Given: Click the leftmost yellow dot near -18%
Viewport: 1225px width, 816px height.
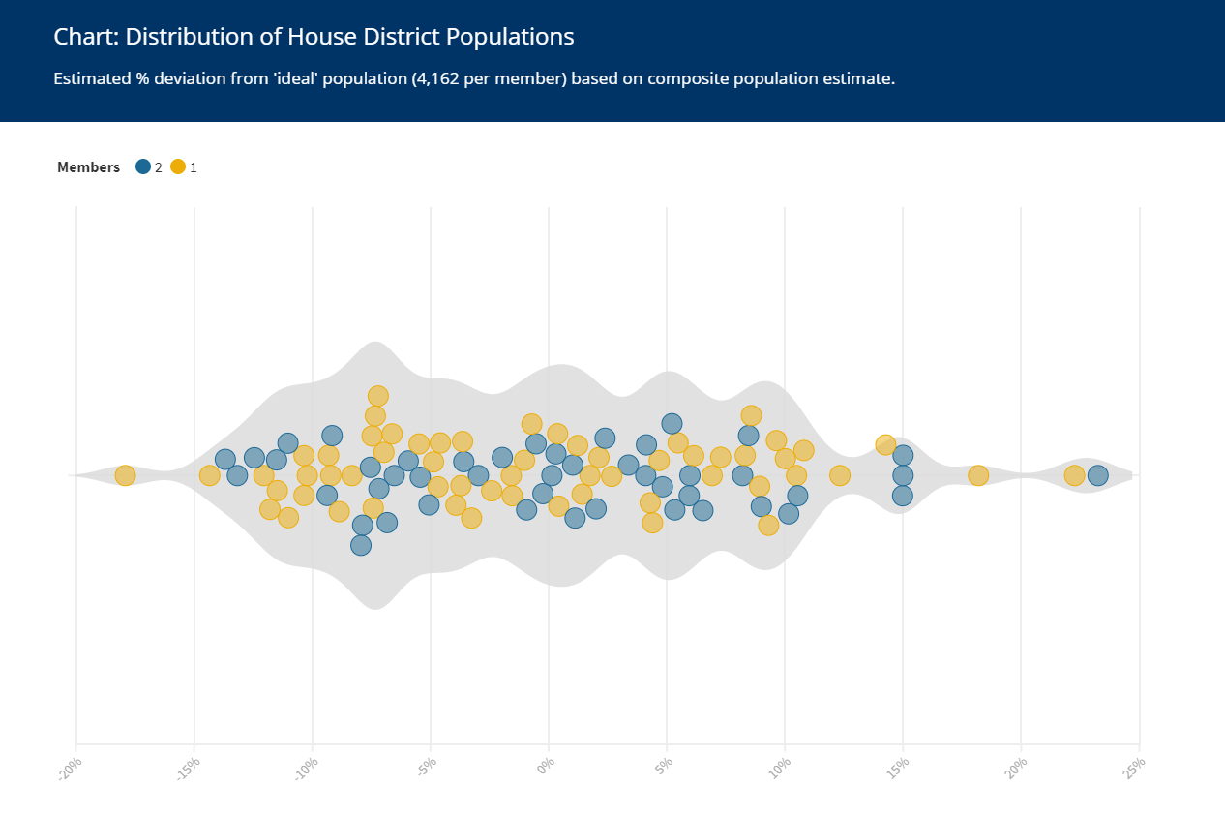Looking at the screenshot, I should pos(125,475).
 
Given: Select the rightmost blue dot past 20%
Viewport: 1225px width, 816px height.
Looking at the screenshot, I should pos(1097,475).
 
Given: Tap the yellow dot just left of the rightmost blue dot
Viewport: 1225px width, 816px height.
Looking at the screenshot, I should pos(1074,475).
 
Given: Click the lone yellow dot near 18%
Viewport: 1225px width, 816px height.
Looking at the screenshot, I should pos(978,475).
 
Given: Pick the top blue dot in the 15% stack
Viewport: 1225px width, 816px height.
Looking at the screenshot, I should pos(903,455).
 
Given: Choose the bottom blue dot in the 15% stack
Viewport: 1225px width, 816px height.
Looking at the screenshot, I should pos(903,496).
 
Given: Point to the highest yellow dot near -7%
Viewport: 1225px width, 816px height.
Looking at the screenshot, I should pos(378,396).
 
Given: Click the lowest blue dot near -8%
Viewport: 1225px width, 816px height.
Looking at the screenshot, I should pos(361,545).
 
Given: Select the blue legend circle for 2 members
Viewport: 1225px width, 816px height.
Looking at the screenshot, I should pos(143,166).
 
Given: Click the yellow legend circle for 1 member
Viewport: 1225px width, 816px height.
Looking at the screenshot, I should pos(178,166).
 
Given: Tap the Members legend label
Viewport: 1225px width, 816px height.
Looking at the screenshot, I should pos(88,167).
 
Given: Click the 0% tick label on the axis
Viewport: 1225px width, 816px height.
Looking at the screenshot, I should pos(546,768).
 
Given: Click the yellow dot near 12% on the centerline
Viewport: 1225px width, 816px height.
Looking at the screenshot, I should pos(840,475).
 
